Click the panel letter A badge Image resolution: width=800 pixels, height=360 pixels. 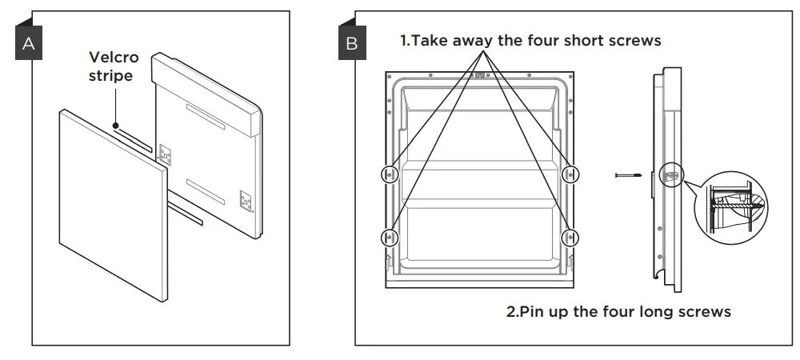pyautogui.click(x=29, y=45)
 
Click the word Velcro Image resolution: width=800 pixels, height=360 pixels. pyautogui.click(x=114, y=58)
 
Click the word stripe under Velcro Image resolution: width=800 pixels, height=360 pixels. pyautogui.click(x=111, y=76)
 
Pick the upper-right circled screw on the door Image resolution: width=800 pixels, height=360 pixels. pyautogui.click(x=570, y=174)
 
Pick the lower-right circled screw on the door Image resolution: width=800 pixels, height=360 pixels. pyautogui.click(x=570, y=236)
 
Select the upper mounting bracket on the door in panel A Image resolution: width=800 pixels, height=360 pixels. pyautogui.click(x=166, y=154)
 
